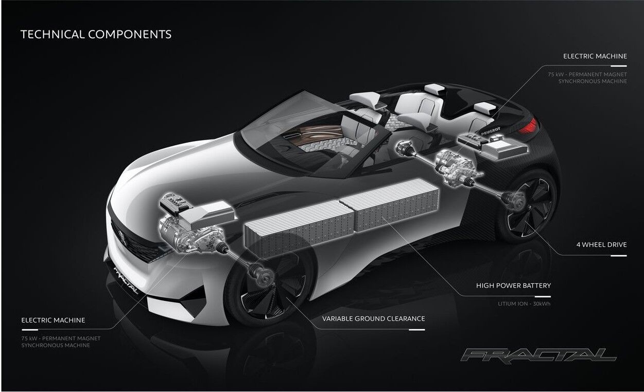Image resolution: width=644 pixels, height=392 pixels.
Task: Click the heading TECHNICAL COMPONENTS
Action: pyautogui.click(x=96, y=35)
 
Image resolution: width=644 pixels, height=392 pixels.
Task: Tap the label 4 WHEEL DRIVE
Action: pyautogui.click(x=601, y=245)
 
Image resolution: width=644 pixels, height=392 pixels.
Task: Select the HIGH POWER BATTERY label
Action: pyautogui.click(x=513, y=285)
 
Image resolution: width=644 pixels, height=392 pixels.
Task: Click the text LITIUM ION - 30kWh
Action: pyautogui.click(x=524, y=304)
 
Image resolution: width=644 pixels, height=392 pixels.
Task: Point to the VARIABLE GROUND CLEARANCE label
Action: pyautogui.click(x=373, y=319)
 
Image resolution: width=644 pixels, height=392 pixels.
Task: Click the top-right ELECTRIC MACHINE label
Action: pyautogui.click(x=595, y=56)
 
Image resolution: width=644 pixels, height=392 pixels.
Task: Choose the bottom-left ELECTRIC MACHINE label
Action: pyautogui.click(x=53, y=320)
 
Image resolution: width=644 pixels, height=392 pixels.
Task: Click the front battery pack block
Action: pyautogui.click(x=299, y=228)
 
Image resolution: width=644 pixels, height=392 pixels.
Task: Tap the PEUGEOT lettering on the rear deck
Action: pyautogui.click(x=491, y=131)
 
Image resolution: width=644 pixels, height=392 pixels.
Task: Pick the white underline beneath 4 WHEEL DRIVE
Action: pyautogui.click(x=618, y=255)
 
